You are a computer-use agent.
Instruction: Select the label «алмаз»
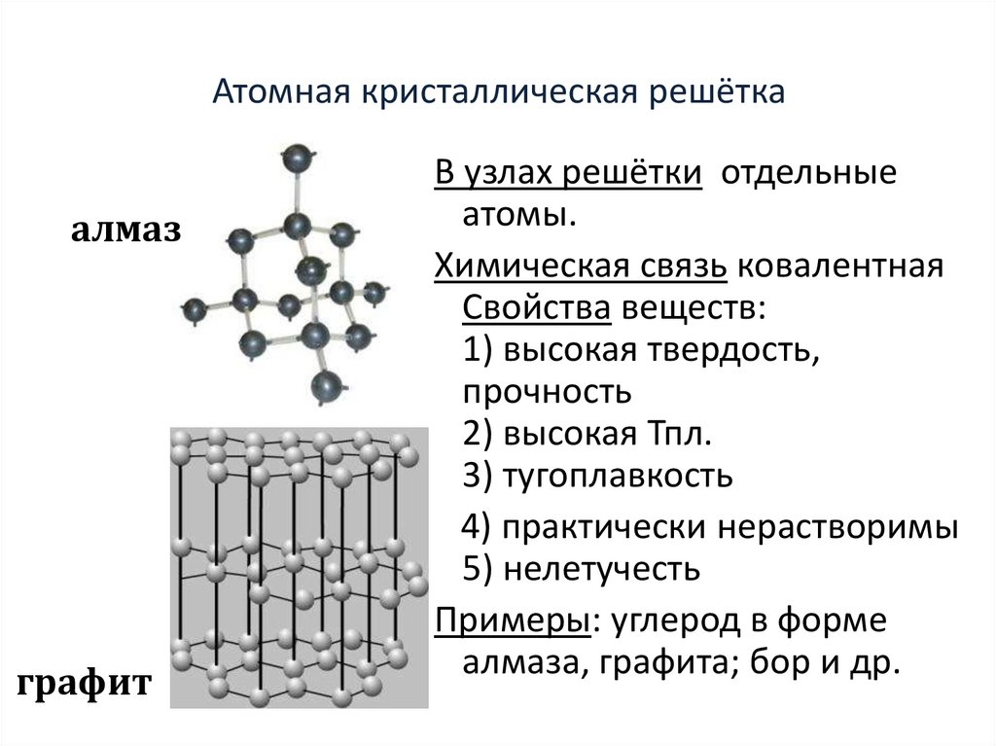coord(125,231)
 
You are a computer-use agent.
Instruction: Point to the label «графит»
coord(84,684)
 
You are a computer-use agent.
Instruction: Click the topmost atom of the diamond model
coord(296,158)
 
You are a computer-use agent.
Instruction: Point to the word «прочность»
coord(548,393)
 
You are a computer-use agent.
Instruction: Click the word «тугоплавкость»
coord(617,477)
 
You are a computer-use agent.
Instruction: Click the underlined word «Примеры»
coord(512,621)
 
